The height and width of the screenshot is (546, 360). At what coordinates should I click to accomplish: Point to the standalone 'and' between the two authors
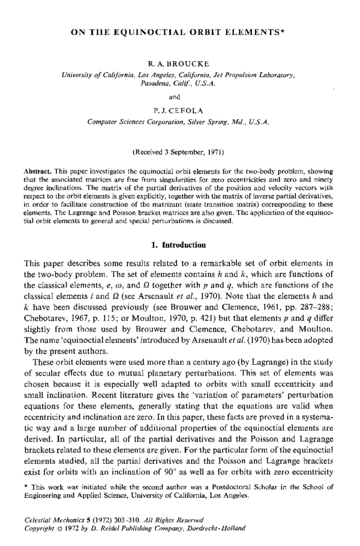pyautogui.click(x=180, y=95)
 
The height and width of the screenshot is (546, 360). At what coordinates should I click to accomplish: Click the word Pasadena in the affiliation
pyautogui.click(x=154, y=85)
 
